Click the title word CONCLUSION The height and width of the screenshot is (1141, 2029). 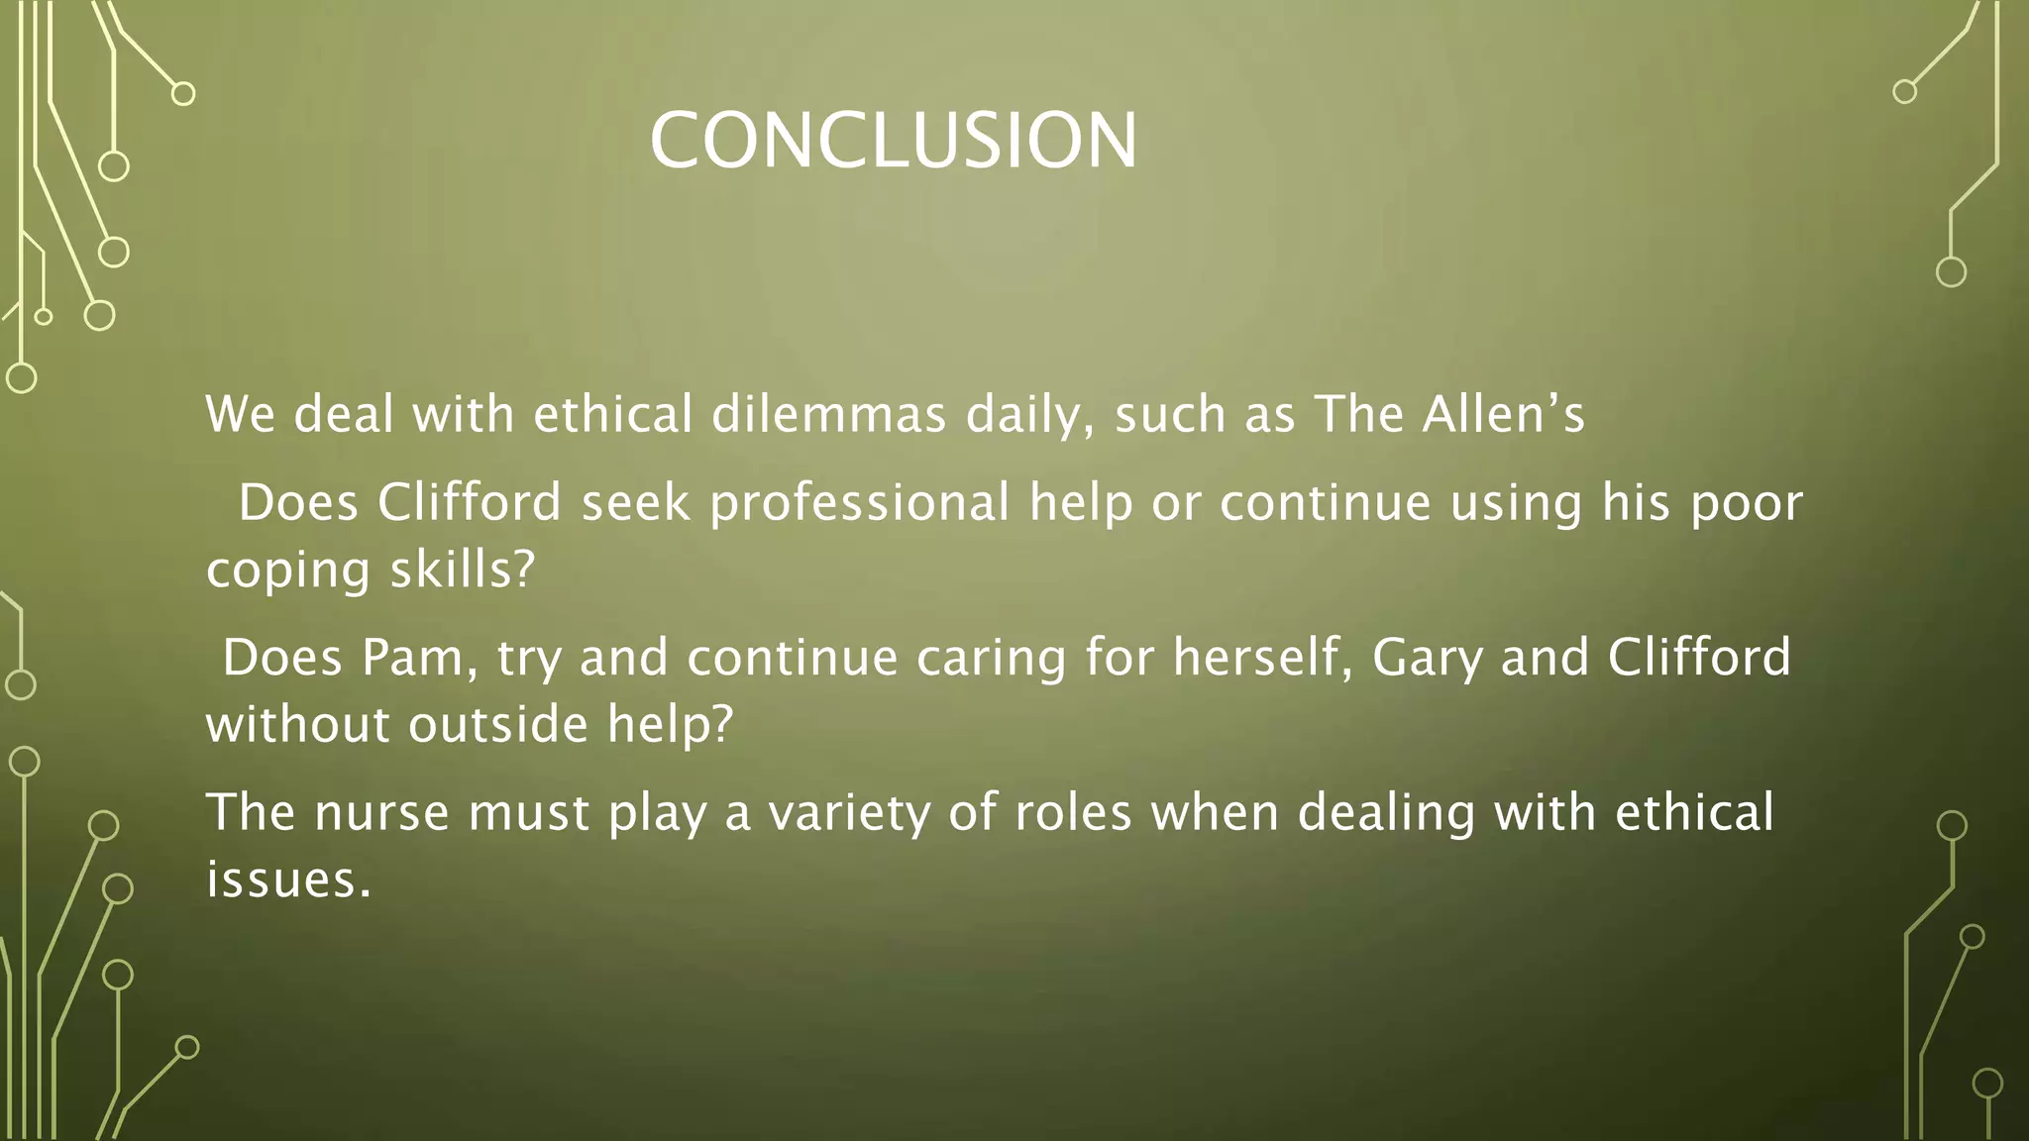click(x=894, y=141)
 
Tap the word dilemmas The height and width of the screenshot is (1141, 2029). click(x=829, y=414)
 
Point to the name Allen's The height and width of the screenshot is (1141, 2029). click(x=1503, y=414)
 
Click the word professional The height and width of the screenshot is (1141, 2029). click(x=860, y=503)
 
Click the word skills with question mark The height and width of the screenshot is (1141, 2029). click(x=463, y=570)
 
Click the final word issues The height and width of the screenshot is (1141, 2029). click(x=288, y=880)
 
